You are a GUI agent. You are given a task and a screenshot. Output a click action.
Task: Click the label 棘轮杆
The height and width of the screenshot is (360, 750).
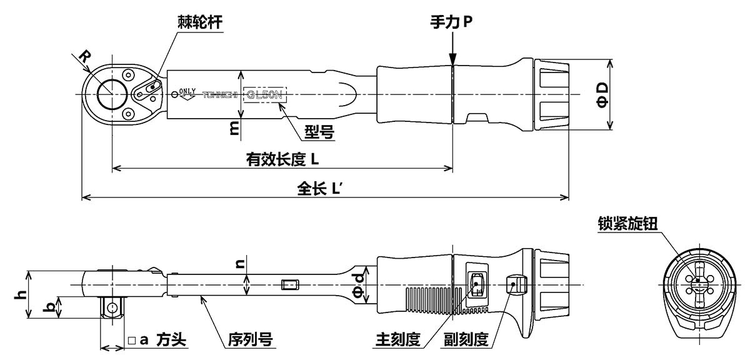pos(199,23)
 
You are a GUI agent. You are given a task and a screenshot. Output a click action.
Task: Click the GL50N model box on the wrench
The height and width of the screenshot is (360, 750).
pos(265,96)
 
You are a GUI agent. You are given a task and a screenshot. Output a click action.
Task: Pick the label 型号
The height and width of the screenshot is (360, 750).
pos(318,132)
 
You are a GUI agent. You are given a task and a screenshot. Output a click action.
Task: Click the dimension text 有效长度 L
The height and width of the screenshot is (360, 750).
pos(282,159)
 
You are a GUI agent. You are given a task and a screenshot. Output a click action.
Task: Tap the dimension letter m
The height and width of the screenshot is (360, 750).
pos(233,127)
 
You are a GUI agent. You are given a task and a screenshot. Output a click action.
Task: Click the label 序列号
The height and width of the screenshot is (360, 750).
pos(248,340)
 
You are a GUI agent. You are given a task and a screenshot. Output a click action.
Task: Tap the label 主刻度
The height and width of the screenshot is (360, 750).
pos(397,340)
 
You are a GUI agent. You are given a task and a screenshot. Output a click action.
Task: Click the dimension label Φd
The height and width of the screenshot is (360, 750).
pos(356,285)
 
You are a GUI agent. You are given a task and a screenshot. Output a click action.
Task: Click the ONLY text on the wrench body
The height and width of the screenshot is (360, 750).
pos(187,91)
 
